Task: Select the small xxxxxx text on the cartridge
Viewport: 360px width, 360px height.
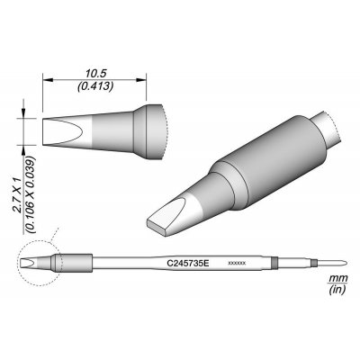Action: tap(237, 265)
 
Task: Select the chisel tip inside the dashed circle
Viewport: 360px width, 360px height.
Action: tap(36, 264)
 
